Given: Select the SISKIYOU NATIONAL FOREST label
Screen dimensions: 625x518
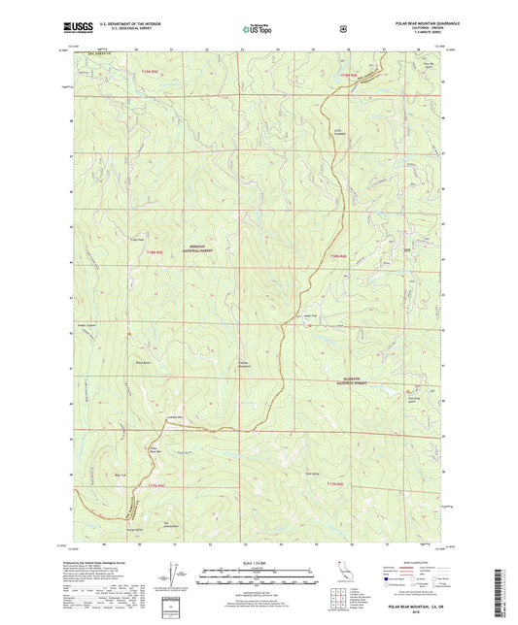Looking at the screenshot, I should [228, 248].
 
